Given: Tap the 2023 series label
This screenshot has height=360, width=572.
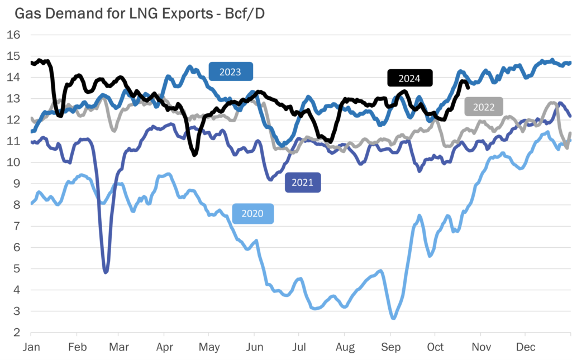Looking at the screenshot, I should point(230,72).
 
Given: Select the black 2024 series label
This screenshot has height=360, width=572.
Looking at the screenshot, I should point(410,78).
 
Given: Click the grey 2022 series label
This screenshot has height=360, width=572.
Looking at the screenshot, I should point(483,107).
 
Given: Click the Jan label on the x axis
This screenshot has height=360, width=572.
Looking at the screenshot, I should point(31,347).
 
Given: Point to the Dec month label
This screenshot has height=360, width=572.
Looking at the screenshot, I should point(525,347).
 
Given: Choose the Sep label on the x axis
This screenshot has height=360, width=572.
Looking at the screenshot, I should point(390,347).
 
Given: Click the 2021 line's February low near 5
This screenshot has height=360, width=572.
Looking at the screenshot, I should point(106,272).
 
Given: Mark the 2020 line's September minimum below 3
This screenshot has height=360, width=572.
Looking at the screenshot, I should point(393,318).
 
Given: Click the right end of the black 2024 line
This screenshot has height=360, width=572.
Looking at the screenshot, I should point(468,86).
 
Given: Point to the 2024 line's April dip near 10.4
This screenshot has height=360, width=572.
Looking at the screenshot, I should point(194,154).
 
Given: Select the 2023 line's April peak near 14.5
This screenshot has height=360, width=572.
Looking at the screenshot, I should point(189,66).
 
